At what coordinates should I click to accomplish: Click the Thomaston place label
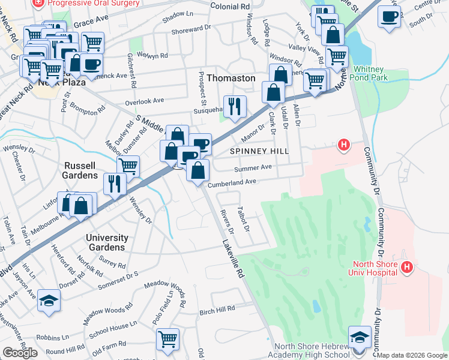pos(231,78)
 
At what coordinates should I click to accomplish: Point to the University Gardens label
pos(106,242)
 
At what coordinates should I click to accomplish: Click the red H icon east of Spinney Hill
pos(343,145)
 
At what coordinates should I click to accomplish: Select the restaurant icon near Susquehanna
pos(235,106)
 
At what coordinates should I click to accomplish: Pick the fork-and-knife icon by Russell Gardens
pos(115,183)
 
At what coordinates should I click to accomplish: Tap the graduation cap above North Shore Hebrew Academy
pos(360,336)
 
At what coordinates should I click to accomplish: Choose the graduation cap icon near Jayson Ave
pos(49,300)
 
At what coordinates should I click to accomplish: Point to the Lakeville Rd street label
pos(232,259)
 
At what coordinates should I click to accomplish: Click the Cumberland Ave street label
pos(232,182)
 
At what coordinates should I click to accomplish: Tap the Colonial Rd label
pos(230,6)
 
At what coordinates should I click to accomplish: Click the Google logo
pos(20,353)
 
